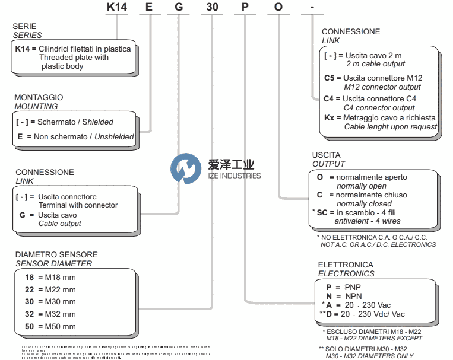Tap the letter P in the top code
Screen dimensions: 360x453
(245, 8)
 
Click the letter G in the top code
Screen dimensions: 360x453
(178, 8)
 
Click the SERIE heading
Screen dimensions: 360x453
(24, 27)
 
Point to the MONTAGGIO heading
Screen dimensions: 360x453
(39, 97)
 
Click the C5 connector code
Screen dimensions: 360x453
(330, 78)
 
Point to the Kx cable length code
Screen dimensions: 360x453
(330, 117)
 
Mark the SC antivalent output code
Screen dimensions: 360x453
(325, 212)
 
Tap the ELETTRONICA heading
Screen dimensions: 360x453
(346, 265)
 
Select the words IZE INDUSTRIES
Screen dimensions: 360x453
(234, 176)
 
